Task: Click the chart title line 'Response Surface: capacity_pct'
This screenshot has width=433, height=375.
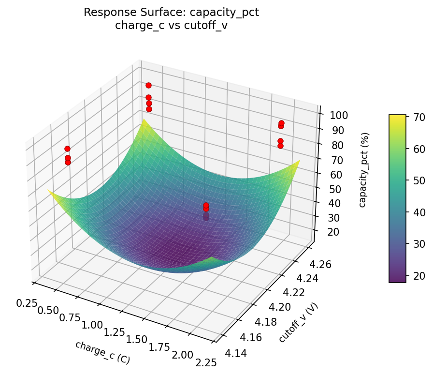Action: point(171,13)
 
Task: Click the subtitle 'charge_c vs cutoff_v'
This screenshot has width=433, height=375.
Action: point(171,26)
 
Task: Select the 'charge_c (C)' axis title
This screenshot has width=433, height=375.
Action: point(102,352)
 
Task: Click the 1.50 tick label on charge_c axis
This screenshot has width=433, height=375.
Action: point(137,340)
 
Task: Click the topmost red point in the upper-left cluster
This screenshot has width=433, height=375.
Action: point(148,86)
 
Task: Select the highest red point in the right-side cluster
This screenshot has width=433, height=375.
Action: point(281,123)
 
